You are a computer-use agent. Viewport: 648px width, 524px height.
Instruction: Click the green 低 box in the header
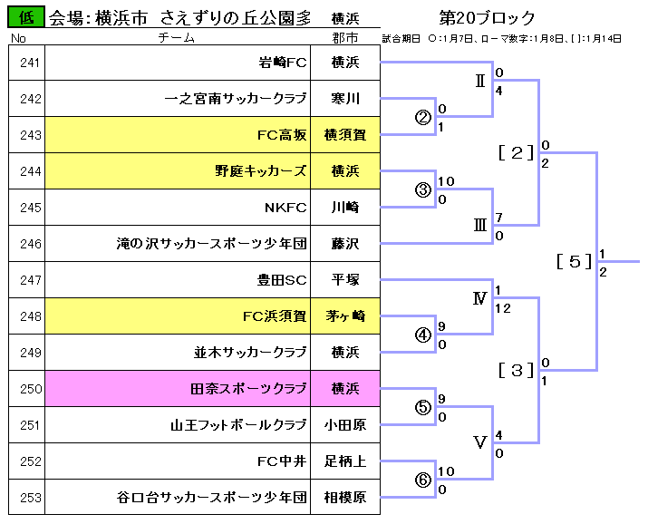(x=26, y=17)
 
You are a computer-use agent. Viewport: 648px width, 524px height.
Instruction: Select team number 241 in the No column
(x=30, y=63)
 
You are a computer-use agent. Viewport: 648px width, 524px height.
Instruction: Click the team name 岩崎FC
(x=283, y=63)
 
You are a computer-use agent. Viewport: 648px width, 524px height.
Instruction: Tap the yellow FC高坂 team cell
(x=178, y=135)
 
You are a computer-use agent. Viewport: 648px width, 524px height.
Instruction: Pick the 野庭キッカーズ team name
(x=261, y=171)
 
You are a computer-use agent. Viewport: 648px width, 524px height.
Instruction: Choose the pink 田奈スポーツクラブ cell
(x=178, y=388)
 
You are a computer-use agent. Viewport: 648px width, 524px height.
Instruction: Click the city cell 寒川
(x=345, y=99)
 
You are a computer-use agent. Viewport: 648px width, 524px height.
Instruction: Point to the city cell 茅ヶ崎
(x=345, y=316)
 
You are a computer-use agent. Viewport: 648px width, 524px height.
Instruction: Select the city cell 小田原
(x=345, y=425)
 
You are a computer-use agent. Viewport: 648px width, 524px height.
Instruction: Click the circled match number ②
(x=422, y=117)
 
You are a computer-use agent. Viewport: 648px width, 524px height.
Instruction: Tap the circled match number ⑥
(x=422, y=480)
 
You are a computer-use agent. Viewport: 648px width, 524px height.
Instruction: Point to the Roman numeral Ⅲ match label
(x=480, y=226)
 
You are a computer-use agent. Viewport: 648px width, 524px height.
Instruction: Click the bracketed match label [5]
(x=575, y=262)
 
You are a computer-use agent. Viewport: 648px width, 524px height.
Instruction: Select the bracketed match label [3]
(x=517, y=370)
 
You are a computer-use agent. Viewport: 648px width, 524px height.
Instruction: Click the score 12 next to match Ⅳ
(x=503, y=308)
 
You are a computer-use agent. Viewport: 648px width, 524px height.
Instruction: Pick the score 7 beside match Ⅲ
(x=498, y=218)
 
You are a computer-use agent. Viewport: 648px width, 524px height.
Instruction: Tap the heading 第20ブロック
(x=487, y=17)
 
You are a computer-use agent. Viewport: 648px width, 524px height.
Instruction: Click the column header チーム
(x=177, y=38)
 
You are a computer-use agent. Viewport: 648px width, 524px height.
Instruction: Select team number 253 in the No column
(x=31, y=498)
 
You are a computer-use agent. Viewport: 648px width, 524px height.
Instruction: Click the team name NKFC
(x=285, y=208)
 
